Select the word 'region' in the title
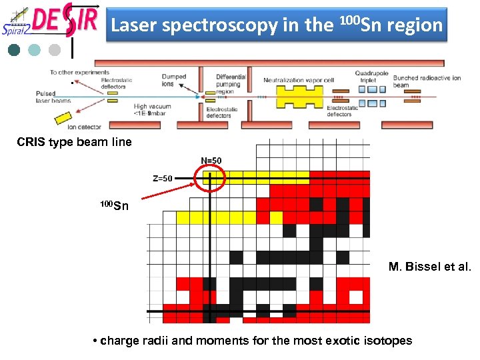coord(414,25)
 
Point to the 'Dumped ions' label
coord(173,81)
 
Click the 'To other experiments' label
coord(79,72)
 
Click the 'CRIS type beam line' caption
coord(74,142)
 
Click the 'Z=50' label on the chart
coord(163,178)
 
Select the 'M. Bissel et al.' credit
coord(429,267)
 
